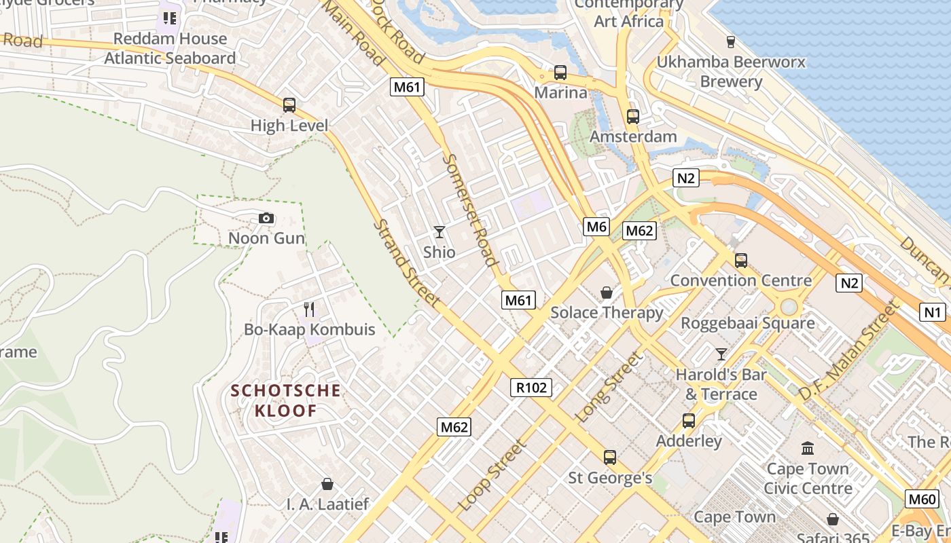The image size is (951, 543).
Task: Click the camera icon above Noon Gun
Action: point(266,218)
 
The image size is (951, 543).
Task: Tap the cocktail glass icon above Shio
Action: point(439,232)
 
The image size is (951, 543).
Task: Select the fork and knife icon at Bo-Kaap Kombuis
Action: point(309,310)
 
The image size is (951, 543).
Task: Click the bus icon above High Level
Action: point(289,105)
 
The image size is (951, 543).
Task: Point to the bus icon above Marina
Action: point(560,73)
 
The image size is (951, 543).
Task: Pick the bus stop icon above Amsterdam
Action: point(633,117)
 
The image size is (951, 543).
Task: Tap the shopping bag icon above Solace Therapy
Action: point(607,293)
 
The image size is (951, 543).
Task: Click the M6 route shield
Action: point(596,227)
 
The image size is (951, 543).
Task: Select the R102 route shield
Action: point(531,388)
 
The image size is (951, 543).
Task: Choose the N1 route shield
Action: point(933,312)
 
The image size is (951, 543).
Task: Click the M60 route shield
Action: point(922,499)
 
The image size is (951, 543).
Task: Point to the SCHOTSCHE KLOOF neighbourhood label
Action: point(285,400)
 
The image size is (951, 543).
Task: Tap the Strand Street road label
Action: point(407,262)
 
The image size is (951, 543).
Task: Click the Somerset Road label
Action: point(469,210)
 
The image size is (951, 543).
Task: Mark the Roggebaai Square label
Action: point(747,323)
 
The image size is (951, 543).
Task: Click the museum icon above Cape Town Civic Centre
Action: point(808,449)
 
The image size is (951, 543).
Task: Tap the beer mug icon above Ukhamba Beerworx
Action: point(731,42)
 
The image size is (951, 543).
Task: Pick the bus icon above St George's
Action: point(610,457)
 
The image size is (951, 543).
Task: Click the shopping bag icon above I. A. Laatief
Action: point(327,484)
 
